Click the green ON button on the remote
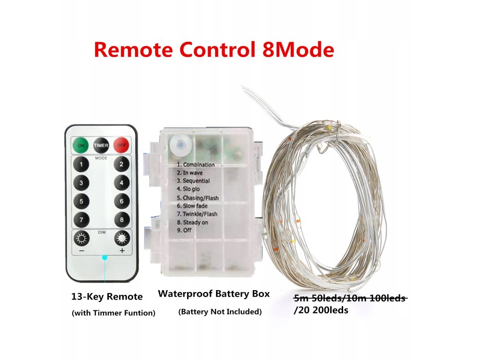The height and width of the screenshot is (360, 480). tap(81, 145)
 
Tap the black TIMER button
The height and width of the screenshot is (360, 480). tap(101, 145)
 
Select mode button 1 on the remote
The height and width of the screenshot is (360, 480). tap(82, 165)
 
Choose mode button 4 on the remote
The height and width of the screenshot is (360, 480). tap(121, 183)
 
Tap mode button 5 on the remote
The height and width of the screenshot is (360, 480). tap(82, 202)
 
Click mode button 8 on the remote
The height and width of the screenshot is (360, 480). tap(121, 219)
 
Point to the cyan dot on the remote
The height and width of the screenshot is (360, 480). tap(105, 257)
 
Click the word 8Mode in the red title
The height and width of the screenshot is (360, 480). tap(295, 50)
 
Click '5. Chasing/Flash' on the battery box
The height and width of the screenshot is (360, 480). tap(197, 198)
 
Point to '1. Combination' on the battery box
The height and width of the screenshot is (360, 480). tap(195, 165)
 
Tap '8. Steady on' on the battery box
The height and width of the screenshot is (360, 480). tap(192, 222)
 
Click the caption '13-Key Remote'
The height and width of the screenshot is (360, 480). tap(107, 296)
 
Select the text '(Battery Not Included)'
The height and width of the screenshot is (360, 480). tap(220, 312)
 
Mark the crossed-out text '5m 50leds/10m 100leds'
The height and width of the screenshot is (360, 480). tap(350, 298)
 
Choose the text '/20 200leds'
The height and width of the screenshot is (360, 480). tap(321, 310)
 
